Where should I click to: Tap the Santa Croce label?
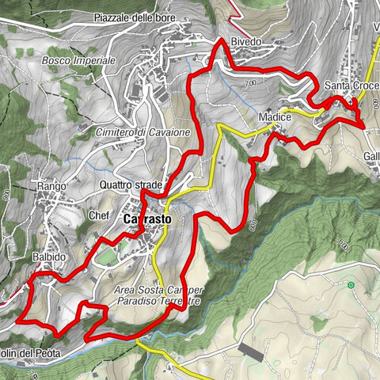pos(349,85)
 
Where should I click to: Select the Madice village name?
pos(275,117)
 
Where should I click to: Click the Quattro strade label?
pos(131,185)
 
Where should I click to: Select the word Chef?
pos(98,215)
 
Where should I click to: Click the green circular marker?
pos(350,283)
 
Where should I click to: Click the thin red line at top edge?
pos(234,4)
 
